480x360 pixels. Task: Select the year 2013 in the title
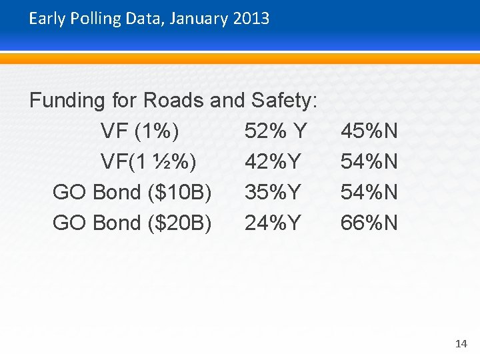coord(251,19)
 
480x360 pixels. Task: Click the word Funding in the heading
coord(67,101)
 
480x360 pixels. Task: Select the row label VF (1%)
coord(139,131)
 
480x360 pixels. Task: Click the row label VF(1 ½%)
coord(147,162)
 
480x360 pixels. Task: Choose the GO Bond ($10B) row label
coord(132,193)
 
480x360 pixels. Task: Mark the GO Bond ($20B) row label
coord(132,223)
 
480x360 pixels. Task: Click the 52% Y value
coord(275,131)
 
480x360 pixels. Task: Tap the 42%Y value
coord(273,162)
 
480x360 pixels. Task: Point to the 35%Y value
coord(273,193)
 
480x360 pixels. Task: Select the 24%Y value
coord(273,223)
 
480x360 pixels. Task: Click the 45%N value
coord(369,131)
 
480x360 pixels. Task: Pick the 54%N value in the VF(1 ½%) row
coord(369,162)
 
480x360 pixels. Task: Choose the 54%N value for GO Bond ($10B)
coord(369,193)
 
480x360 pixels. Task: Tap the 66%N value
coord(369,223)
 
